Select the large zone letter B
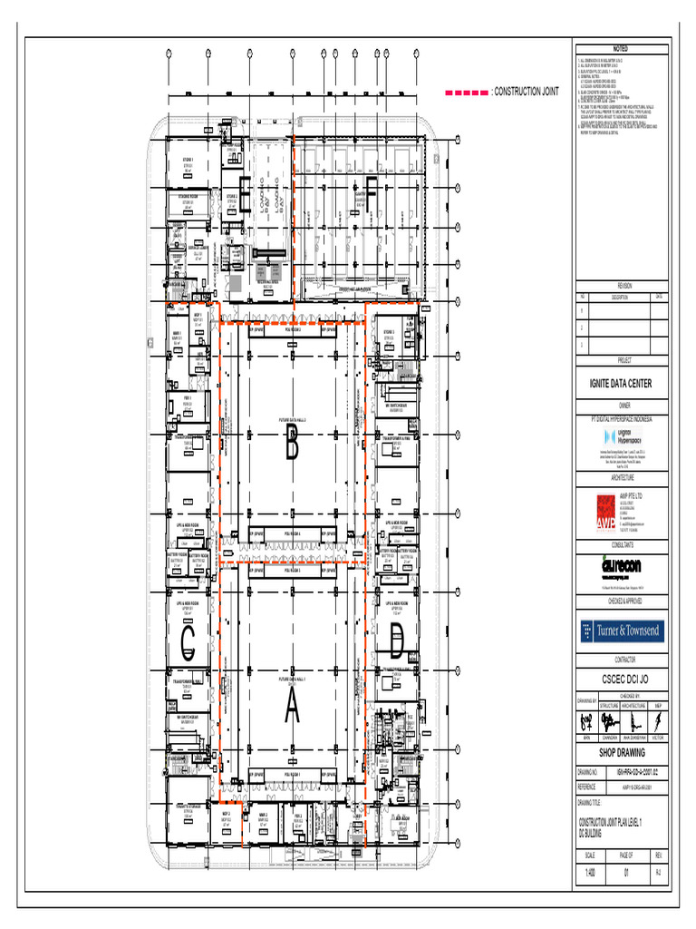pyautogui.click(x=292, y=445)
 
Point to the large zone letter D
pyautogui.click(x=396, y=644)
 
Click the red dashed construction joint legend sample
pyautogui.click(x=465, y=93)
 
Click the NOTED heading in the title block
pyautogui.click(x=621, y=47)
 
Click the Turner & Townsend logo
pyautogui.click(x=621, y=631)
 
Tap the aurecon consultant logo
pyautogui.click(x=621, y=563)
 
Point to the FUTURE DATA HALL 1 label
pyautogui.click(x=292, y=678)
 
